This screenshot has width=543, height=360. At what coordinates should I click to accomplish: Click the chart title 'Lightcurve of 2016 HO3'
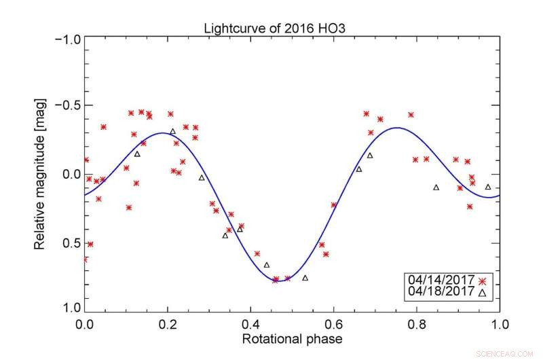point(280,28)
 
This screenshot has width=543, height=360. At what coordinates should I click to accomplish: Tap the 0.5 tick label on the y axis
point(71,243)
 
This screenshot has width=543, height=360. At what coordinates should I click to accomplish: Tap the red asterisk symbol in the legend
point(482,281)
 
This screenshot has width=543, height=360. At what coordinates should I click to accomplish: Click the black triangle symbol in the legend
point(482,293)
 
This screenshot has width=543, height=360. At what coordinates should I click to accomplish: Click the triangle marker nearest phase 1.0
point(488,186)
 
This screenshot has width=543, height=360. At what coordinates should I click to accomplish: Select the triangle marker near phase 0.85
point(436,187)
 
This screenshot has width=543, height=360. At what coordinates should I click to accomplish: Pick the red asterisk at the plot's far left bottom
point(86,259)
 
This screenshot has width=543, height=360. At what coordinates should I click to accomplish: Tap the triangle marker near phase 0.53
point(305,277)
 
